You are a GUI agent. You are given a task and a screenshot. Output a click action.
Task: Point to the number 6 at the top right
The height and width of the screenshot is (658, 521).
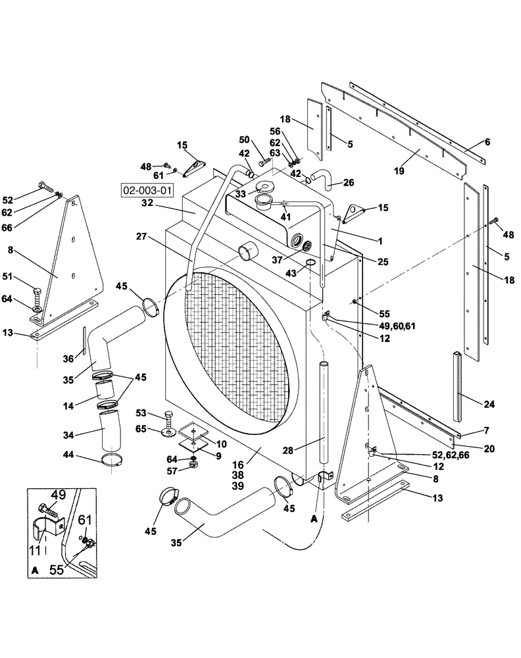[x=487, y=141]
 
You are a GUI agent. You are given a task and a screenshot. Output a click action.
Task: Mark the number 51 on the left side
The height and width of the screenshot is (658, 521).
[x=26, y=276]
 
